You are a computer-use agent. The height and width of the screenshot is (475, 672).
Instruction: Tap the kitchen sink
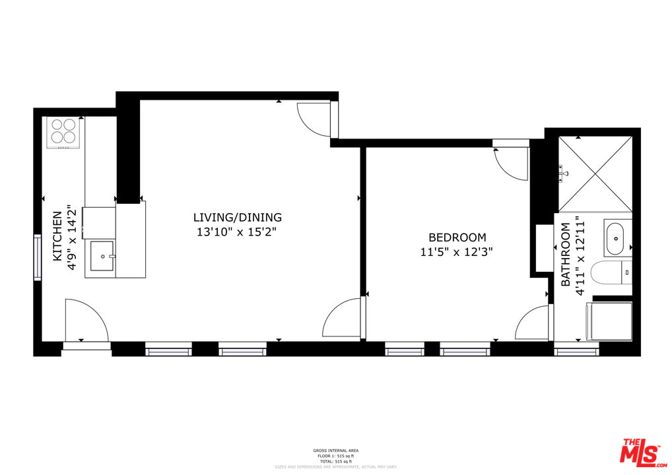pos(103,256)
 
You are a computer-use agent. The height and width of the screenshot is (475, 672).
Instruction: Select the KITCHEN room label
pos(57,236)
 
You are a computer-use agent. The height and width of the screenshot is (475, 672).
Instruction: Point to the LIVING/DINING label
pos(238,217)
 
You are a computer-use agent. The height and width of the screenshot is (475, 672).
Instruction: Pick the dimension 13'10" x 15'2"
pos(236,232)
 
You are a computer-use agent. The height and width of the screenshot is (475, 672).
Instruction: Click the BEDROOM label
pos(457,237)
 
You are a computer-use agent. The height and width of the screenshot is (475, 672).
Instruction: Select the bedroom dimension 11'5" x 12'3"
pos(457,252)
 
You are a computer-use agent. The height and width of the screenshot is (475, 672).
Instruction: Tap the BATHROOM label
pos(566,255)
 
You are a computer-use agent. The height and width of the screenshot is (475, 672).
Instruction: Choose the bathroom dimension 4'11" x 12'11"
pos(580,255)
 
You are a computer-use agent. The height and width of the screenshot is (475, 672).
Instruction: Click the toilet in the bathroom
pos(611,272)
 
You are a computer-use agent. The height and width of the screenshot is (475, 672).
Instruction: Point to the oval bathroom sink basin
pos(616,238)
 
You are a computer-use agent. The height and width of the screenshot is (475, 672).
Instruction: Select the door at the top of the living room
pos(316,119)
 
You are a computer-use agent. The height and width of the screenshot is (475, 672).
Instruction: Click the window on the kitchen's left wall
pos(38,256)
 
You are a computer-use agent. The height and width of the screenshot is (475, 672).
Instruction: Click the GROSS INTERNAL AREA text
pos(335,451)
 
